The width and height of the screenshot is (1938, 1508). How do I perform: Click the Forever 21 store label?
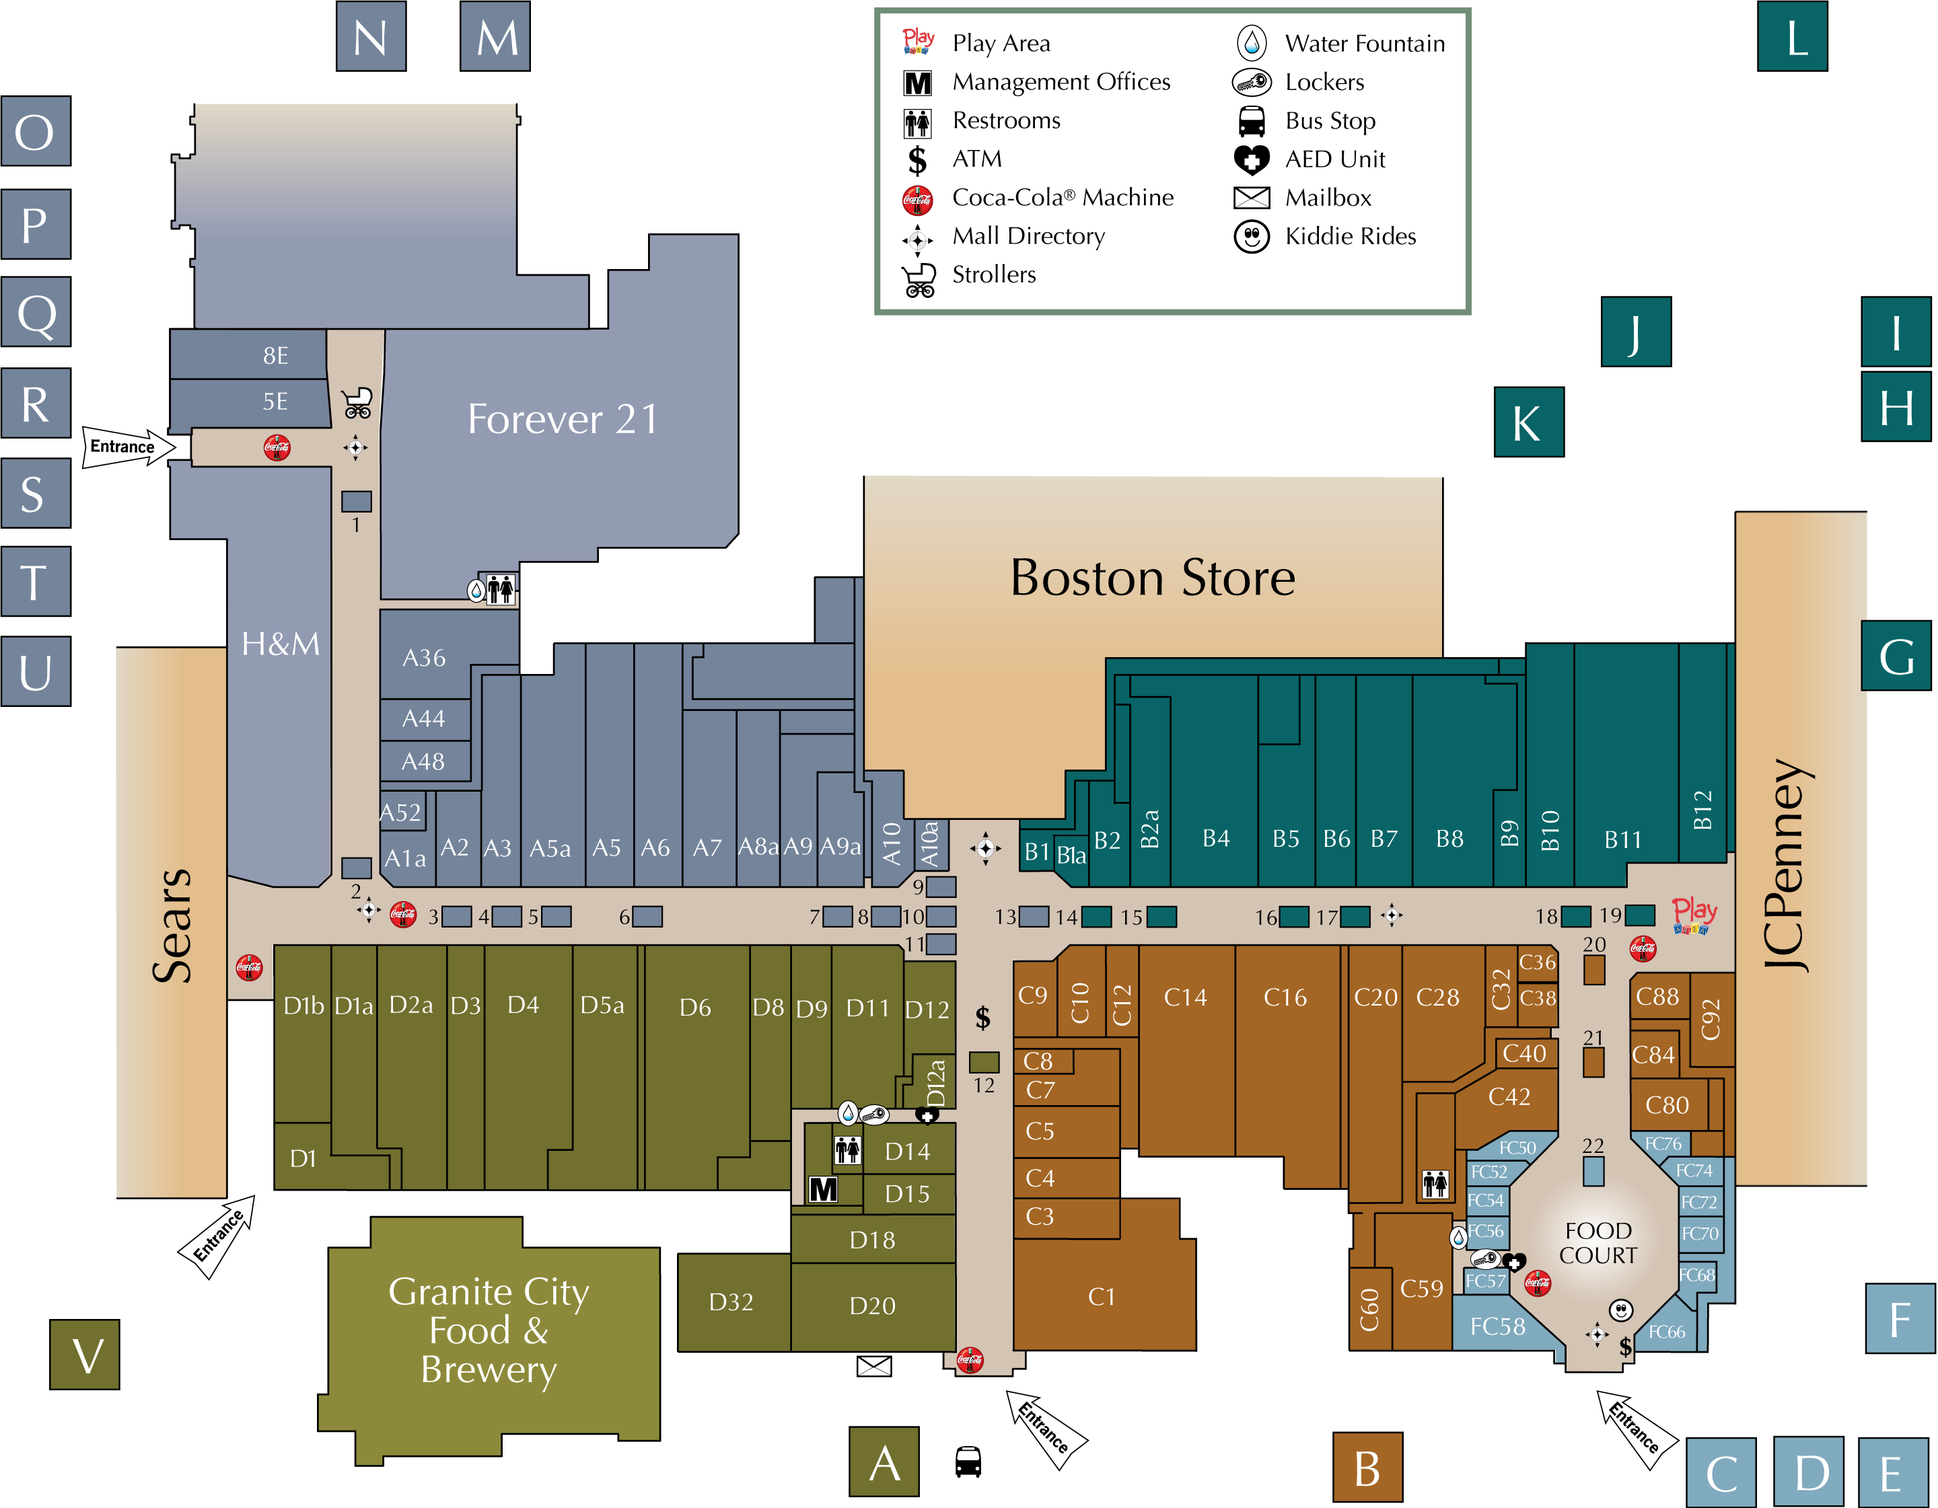coord(563,418)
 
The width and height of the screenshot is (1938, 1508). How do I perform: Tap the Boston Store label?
coord(1153,578)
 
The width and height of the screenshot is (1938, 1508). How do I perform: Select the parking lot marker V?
coord(84,1354)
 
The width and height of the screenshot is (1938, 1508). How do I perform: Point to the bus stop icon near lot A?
coord(968,1461)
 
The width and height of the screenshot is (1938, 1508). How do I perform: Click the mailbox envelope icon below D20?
coord(874,1366)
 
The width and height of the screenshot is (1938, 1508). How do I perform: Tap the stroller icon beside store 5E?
coord(357,402)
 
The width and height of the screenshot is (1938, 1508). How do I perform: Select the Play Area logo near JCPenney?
coord(1694,915)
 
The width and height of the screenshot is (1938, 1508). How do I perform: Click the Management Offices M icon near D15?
coord(822,1189)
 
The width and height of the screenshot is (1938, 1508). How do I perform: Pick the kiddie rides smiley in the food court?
coord(1620,1310)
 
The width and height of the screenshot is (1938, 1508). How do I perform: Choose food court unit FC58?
coord(1497,1326)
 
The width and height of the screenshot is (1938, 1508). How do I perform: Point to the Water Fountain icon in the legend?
coord(1251,42)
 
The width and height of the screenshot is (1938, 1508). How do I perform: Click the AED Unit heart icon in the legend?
coord(1251,159)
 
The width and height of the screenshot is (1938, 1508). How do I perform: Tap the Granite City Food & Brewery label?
coord(489,1330)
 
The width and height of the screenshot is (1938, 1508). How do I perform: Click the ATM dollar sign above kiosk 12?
coord(982,1018)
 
